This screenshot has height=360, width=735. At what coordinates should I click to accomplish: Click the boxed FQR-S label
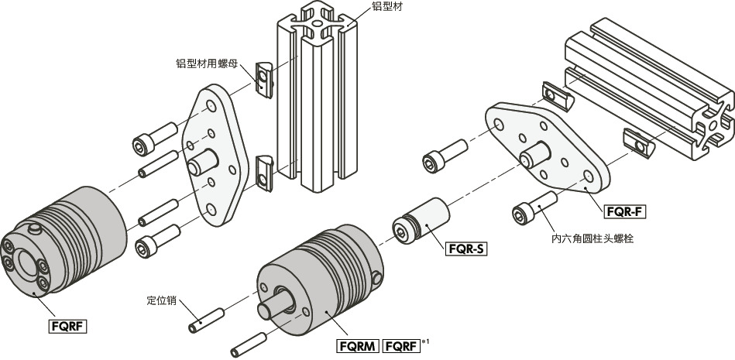pyautogui.click(x=465, y=249)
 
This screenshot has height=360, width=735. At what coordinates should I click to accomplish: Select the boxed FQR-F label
pyautogui.click(x=625, y=211)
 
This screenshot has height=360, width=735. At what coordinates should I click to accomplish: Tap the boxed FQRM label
pyautogui.click(x=358, y=346)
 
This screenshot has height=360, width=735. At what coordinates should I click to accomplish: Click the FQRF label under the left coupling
pyautogui.click(x=67, y=326)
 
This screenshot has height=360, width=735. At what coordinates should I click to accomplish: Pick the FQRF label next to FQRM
pyautogui.click(x=402, y=346)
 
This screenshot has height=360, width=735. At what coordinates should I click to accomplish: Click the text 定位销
pyautogui.click(x=163, y=299)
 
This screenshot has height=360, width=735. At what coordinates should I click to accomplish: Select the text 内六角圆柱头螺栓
pyautogui.click(x=592, y=239)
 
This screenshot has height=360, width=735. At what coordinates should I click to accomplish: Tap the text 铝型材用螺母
pyautogui.click(x=208, y=64)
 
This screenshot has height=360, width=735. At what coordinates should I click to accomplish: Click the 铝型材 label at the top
pyautogui.click(x=387, y=6)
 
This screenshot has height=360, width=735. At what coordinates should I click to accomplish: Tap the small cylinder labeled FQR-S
pyautogui.click(x=422, y=221)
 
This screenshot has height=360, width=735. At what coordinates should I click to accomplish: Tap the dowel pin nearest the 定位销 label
pyautogui.click(x=206, y=318)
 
